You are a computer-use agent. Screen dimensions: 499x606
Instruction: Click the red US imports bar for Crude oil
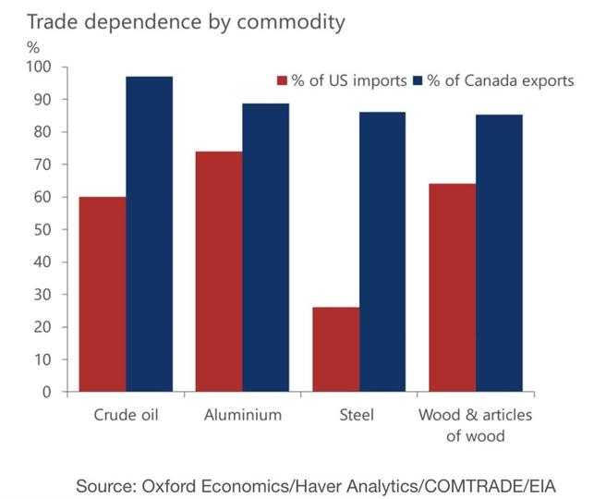(x=103, y=294)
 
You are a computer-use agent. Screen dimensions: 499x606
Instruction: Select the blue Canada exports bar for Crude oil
(x=150, y=234)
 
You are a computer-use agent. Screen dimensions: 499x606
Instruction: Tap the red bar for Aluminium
(x=219, y=271)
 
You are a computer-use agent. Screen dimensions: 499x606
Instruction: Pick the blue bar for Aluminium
(x=265, y=247)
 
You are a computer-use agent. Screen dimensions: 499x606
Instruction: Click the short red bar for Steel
(x=335, y=349)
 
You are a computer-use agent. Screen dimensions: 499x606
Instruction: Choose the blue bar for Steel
(x=382, y=251)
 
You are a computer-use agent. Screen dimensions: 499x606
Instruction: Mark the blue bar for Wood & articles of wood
(x=499, y=252)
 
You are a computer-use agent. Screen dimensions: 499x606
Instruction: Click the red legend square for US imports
(x=283, y=80)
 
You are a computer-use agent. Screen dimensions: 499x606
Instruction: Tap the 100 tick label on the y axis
(x=40, y=67)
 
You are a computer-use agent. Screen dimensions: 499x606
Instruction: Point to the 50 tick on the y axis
(x=43, y=229)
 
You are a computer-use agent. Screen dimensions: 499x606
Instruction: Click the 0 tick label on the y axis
(x=47, y=392)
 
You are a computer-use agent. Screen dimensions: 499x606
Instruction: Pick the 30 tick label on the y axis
(x=43, y=295)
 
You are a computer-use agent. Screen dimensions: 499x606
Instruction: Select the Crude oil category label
(x=127, y=415)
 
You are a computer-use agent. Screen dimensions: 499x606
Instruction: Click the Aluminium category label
(x=242, y=415)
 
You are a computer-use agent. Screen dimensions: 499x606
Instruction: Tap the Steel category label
(x=358, y=415)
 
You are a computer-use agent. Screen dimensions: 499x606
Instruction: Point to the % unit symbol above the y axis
(x=32, y=46)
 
